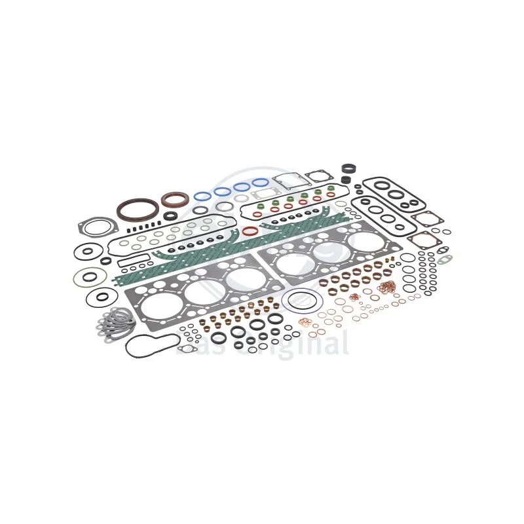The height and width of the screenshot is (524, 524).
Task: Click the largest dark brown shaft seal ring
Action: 138,208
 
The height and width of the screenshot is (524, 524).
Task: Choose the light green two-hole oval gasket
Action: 445,259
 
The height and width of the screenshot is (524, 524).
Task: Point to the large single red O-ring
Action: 249,232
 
